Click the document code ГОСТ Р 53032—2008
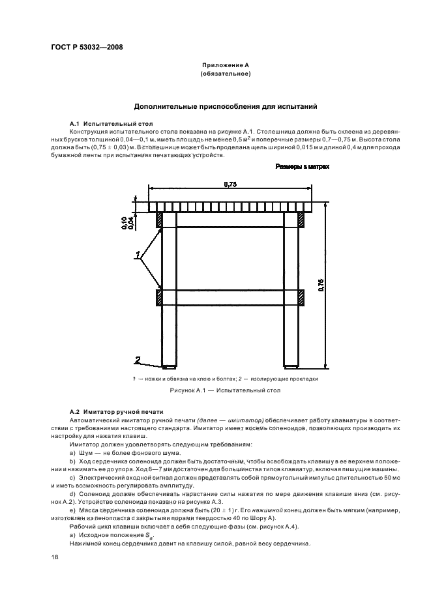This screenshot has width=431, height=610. tap(87, 46)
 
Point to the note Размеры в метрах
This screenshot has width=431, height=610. tap(302, 167)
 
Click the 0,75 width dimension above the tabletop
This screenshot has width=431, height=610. tap(230, 185)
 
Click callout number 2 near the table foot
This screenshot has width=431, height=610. tap(138, 359)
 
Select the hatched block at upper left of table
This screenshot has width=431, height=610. tap(158, 220)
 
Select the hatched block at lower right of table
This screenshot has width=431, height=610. tap(301, 297)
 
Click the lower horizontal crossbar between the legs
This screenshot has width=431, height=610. tap(230, 297)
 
